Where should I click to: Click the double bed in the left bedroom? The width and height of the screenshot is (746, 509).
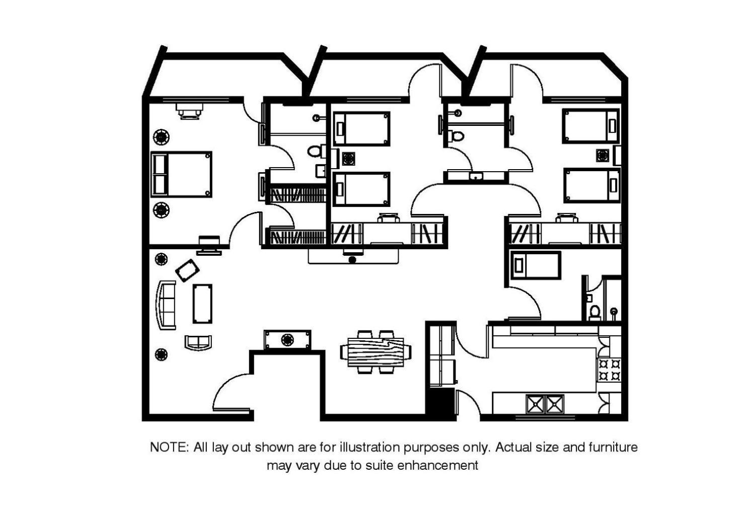tap(182, 174)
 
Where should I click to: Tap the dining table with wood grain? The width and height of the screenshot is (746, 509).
tap(376, 352)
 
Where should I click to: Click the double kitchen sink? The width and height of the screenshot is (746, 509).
tap(545, 404)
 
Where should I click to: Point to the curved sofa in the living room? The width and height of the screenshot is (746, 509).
tap(166, 305)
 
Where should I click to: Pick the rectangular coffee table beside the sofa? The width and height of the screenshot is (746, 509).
tap(202, 304)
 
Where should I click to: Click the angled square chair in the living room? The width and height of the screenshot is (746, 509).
tap(187, 270)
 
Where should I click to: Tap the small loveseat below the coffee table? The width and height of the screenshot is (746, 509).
tap(198, 342)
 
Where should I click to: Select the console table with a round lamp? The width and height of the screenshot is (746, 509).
tap(287, 340)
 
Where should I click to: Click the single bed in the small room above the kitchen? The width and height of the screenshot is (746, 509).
tap(536, 265)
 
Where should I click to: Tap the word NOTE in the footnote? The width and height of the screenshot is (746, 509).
tap(170, 448)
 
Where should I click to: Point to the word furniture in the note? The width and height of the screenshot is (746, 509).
tap(613, 448)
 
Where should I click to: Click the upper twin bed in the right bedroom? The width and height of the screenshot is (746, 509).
tap(591, 125)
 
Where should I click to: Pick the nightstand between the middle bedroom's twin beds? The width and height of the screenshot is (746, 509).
tap(348, 159)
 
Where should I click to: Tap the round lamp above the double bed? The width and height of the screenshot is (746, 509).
tap(161, 137)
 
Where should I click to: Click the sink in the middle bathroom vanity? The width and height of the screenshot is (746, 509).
tap(476, 176)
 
